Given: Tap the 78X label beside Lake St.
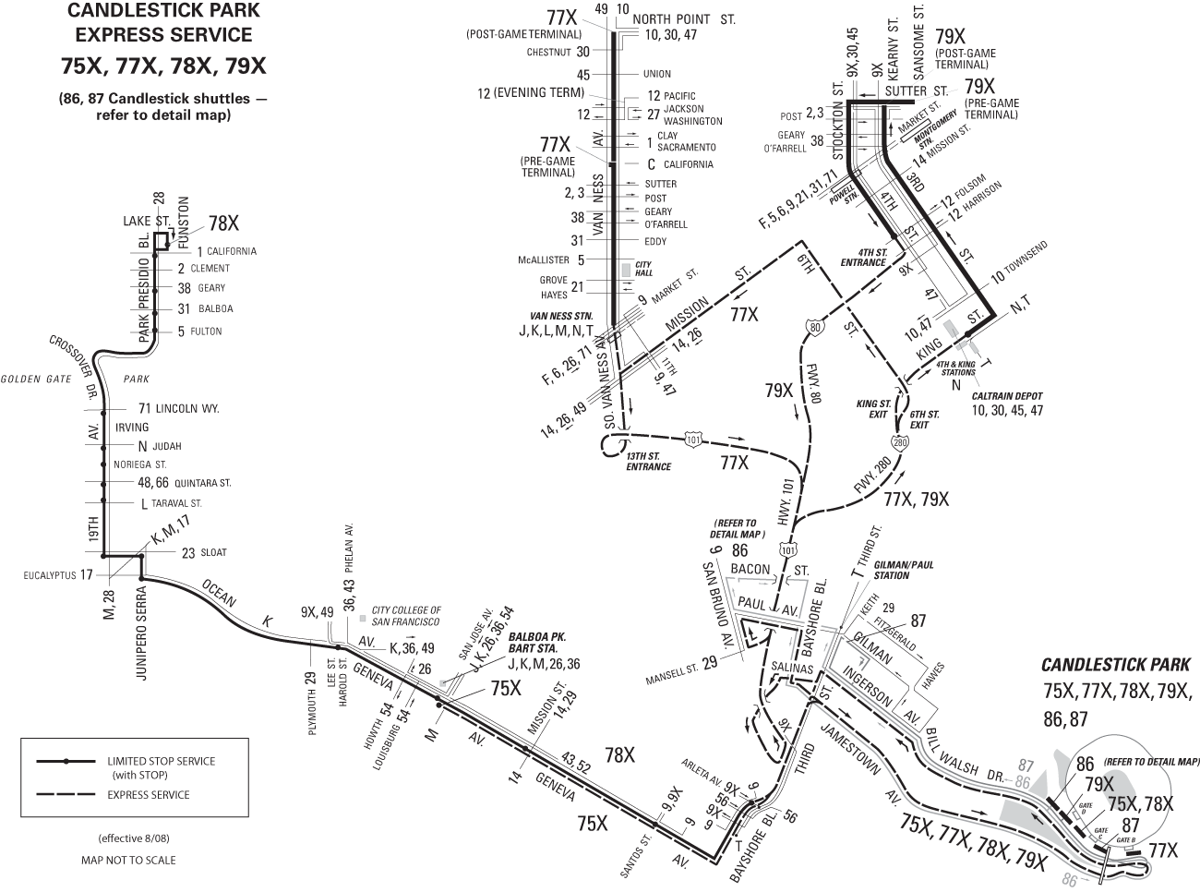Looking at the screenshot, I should (223, 223).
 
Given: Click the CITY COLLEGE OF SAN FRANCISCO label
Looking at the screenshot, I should (405, 616).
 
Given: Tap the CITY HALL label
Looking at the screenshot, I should (643, 268).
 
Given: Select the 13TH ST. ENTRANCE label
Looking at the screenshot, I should (648, 462).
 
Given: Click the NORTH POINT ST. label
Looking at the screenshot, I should (683, 18).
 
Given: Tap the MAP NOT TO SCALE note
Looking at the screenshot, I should (128, 860).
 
